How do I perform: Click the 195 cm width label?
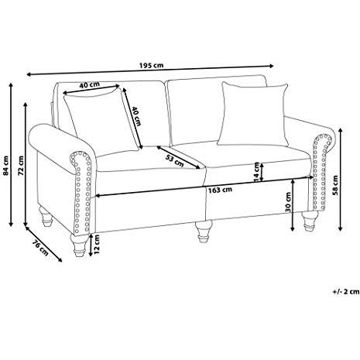(151, 65)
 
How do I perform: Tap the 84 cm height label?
(5, 166)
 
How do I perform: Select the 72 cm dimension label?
(21, 166)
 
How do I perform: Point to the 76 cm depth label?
(40, 248)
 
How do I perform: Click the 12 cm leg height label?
(96, 244)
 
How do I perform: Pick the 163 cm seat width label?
(220, 190)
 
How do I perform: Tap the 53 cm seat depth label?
(175, 160)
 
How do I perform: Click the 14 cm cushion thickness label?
(256, 171)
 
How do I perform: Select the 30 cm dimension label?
(288, 202)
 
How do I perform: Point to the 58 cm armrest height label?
(335, 185)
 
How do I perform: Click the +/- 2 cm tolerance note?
(346, 292)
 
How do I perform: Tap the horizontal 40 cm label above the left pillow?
(89, 84)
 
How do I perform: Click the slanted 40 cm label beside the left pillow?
(136, 116)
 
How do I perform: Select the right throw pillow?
(254, 115)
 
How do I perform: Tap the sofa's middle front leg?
(204, 231)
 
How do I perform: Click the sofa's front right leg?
(308, 221)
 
